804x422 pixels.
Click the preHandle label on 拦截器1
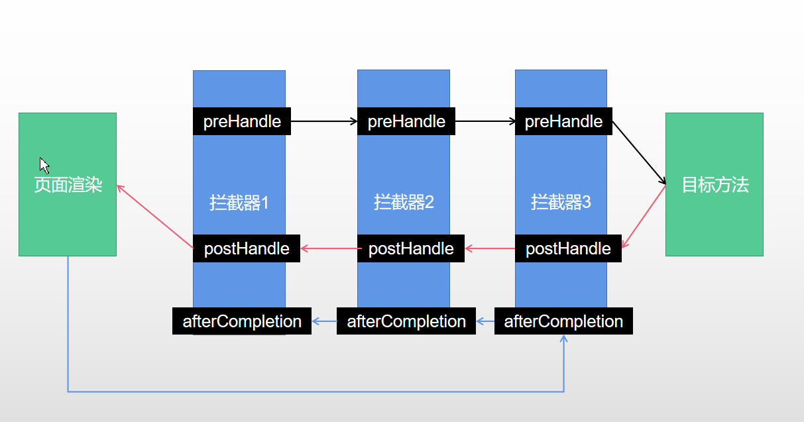pos(242,122)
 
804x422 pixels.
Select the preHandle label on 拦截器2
pos(406,122)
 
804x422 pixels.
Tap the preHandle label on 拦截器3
pos(563,122)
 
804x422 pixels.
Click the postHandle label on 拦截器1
pos(247,248)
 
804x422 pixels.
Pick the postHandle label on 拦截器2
pos(411,248)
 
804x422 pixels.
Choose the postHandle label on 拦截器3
pos(568,248)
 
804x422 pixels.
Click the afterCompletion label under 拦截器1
pos(242,321)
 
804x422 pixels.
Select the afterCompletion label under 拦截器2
pos(406,321)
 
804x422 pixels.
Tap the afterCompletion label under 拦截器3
pos(563,321)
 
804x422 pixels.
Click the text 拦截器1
pos(239,202)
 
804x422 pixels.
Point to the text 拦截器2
pos(404,202)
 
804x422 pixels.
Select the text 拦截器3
pos(561,202)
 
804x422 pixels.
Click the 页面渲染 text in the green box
pos(68,185)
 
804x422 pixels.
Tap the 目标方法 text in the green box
pos(715,185)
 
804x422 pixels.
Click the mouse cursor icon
pos(44,165)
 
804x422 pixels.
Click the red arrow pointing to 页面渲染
pos(155,217)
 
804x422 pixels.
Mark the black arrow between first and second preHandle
pos(324,122)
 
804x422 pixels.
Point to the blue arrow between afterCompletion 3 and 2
pos(485,321)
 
